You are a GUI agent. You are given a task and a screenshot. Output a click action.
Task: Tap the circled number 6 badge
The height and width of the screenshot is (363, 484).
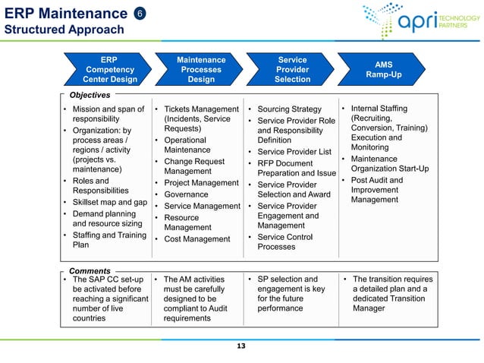tap(140, 13)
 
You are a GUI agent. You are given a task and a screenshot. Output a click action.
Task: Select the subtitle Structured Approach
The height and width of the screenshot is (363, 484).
tap(64, 30)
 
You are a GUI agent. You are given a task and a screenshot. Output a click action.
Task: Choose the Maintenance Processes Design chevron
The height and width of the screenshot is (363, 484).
tap(201, 69)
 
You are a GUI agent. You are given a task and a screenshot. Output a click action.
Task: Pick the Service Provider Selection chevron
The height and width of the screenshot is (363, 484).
tap(292, 69)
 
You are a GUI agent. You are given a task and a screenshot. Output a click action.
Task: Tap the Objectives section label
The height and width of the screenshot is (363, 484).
tap(90, 95)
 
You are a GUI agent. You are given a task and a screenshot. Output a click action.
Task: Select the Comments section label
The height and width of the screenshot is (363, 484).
tap(90, 270)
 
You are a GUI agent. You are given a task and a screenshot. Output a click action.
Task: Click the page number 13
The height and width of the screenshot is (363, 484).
tap(241, 346)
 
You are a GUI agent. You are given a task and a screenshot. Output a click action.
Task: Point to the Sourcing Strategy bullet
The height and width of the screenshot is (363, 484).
tap(289, 109)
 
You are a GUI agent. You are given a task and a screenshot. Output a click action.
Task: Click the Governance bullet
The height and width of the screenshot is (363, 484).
tap(186, 194)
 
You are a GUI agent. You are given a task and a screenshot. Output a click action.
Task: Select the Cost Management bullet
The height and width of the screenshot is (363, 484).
tap(196, 239)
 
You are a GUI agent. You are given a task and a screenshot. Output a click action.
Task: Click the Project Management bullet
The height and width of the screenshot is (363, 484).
tap(201, 183)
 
